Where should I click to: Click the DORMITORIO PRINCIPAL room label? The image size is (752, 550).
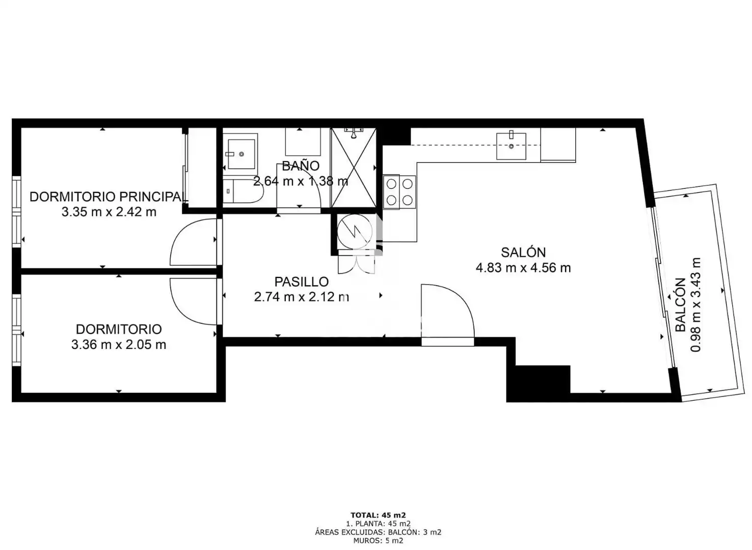(108, 197)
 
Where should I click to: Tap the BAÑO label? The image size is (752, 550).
(301, 166)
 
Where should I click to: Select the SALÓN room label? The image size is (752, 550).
(523, 252)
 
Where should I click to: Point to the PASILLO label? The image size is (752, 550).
(302, 282)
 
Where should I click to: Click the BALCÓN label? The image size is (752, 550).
(680, 305)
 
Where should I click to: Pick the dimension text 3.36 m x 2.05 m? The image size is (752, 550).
(119, 345)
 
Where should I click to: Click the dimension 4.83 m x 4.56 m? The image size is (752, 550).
(523, 267)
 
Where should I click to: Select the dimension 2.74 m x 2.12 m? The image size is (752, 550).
(302, 297)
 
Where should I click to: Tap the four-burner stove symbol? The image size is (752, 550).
(399, 192)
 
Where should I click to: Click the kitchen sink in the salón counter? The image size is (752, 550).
(511, 146)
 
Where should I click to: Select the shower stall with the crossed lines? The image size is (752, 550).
(353, 168)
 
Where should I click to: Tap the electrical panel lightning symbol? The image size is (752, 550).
(355, 232)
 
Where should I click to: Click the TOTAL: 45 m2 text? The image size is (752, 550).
(379, 515)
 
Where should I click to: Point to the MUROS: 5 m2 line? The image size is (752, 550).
(379, 541)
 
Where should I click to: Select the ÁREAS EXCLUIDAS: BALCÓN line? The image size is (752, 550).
(379, 532)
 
